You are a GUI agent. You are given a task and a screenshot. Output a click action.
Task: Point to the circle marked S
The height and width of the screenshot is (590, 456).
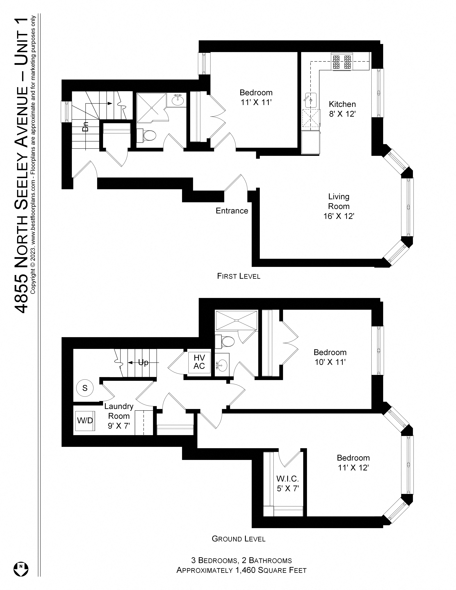[85, 388]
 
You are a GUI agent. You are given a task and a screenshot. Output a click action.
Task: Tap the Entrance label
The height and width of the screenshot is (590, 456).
[232, 211]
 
